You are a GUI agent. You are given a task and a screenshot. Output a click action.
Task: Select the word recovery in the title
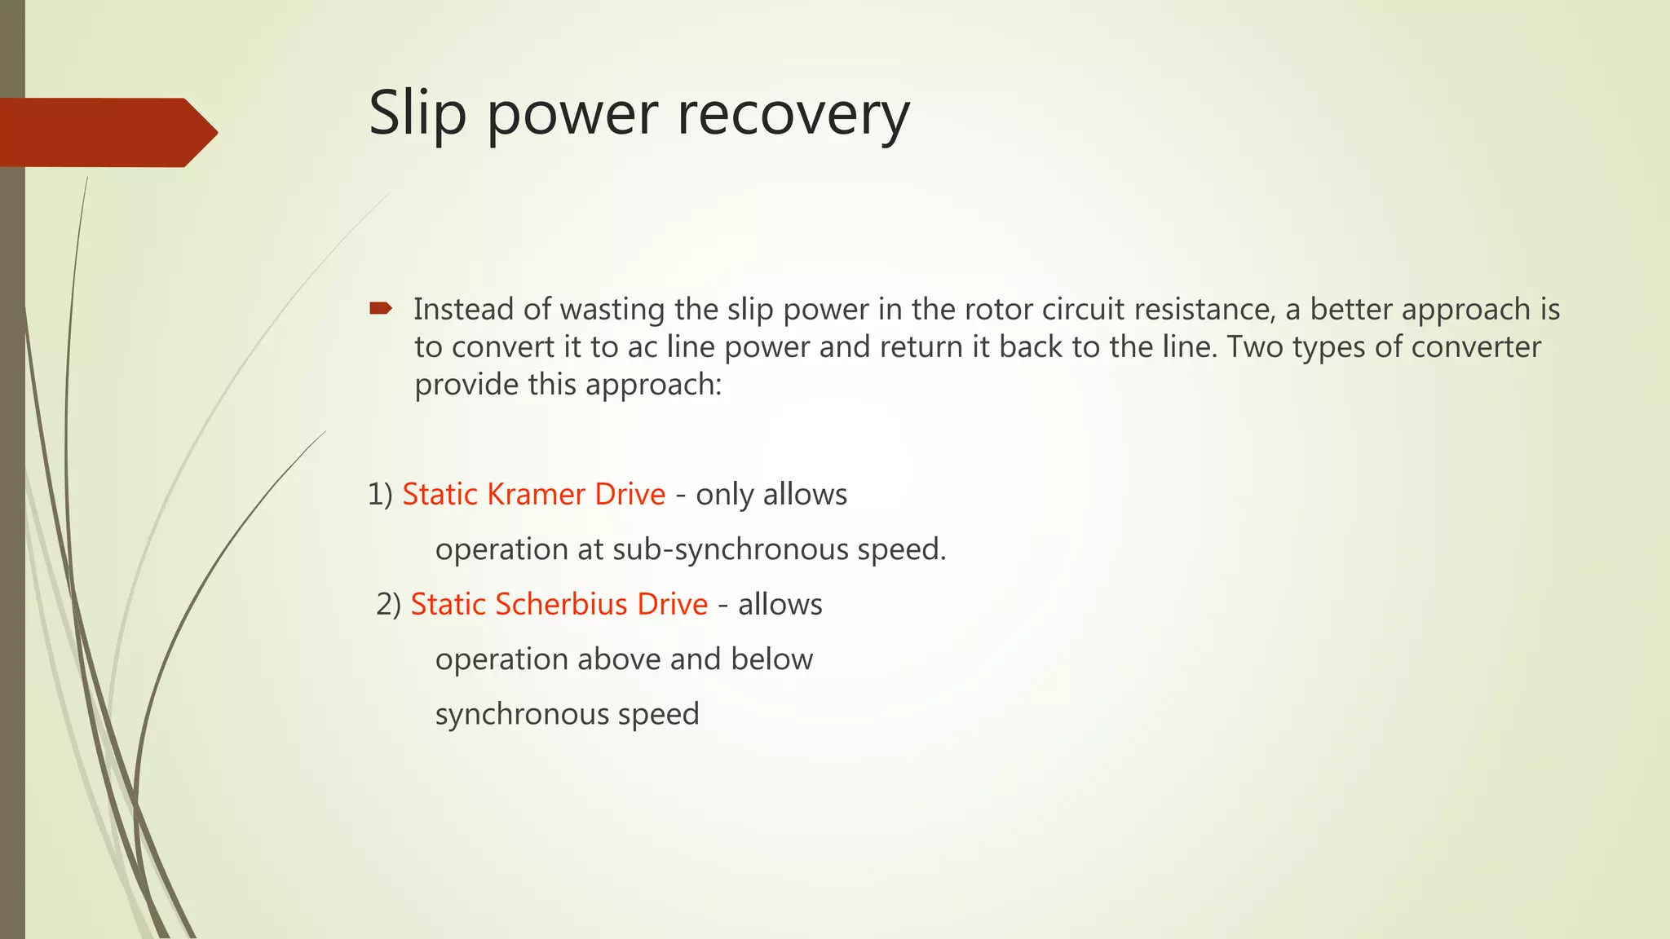[793, 114]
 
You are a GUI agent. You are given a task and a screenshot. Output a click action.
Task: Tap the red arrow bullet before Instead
[381, 308]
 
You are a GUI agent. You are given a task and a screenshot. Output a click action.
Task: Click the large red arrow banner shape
[106, 132]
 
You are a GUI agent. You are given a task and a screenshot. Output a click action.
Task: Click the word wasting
[612, 310]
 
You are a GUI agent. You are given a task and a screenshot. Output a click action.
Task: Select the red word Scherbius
[561, 604]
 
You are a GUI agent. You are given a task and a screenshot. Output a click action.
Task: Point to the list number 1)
[380, 495]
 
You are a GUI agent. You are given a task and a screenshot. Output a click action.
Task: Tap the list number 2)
[388, 604]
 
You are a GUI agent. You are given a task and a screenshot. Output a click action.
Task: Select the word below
[771, 659]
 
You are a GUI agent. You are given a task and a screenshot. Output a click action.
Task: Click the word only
[725, 495]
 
